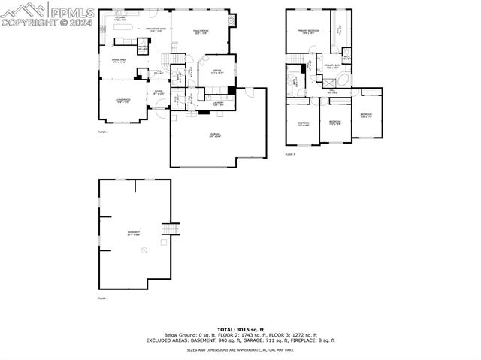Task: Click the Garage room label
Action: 215,135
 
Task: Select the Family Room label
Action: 201,32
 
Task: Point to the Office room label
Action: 217,72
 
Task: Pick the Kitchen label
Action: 121,19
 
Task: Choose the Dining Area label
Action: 119,60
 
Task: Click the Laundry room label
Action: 219,104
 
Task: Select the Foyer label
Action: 159,92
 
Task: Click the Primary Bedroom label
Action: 308,32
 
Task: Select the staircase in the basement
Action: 171,229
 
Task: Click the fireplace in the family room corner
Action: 231,20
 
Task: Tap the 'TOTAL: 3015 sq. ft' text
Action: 240,329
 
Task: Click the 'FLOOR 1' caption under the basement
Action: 103,299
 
